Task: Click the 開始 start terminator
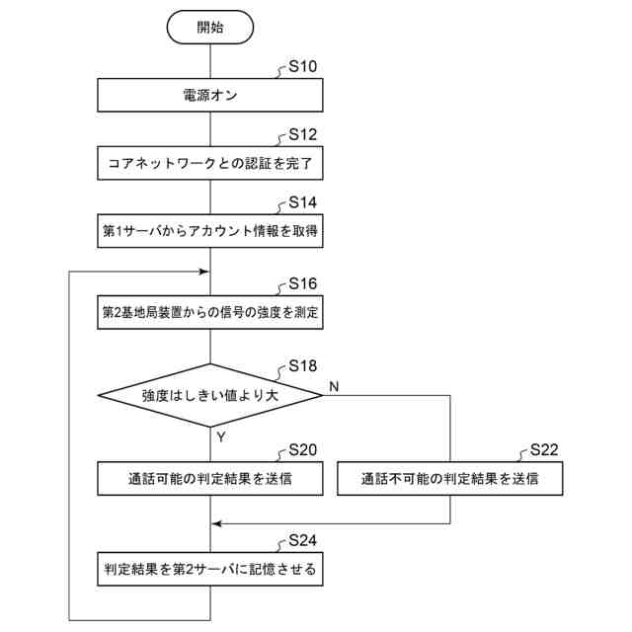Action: (x=210, y=27)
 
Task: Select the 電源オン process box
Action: (x=210, y=96)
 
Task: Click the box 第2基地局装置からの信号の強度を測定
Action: (x=210, y=311)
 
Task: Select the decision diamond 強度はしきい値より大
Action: (x=210, y=395)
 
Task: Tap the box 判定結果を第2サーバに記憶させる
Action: (x=210, y=570)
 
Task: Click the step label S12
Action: (x=302, y=135)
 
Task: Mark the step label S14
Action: (x=302, y=202)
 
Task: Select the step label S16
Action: (x=302, y=283)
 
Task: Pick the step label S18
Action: (x=302, y=366)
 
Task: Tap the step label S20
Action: (x=302, y=450)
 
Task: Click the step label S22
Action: (x=544, y=450)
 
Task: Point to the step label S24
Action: (x=302, y=541)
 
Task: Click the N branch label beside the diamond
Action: (x=334, y=385)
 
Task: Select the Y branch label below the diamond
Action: (x=222, y=435)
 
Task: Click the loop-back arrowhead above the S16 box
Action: (x=205, y=271)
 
